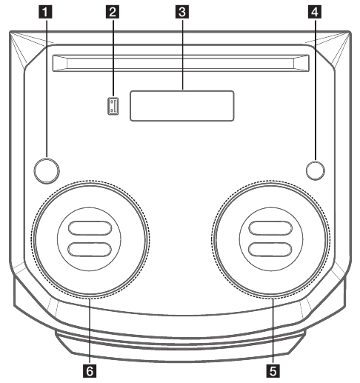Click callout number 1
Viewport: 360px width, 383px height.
pos(45,12)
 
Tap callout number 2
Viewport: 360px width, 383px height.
pos(113,12)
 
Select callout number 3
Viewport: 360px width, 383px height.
pos(182,12)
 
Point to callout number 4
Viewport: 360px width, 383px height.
pos(315,12)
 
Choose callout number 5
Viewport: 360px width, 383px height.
pos(273,371)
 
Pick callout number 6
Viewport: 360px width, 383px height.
pos(90,371)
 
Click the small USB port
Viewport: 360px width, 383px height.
pos(113,106)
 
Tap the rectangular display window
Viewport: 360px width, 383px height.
pos(182,106)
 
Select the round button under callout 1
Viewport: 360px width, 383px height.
pos(47,170)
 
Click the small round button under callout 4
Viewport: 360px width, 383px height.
pos(316,170)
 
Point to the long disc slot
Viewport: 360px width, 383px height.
pos(181,63)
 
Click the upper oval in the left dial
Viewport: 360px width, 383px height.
pos(90,228)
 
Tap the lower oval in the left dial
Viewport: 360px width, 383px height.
pos(90,250)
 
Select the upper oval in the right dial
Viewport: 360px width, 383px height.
pos(270,228)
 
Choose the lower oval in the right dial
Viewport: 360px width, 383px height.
pos(270,250)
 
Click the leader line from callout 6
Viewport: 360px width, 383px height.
pos(90,331)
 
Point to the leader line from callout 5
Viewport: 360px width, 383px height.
pos(273,331)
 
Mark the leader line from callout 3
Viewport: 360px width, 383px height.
pos(182,54)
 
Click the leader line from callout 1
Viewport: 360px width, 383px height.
pos(46,88)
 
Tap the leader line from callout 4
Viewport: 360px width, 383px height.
pos(315,90)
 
